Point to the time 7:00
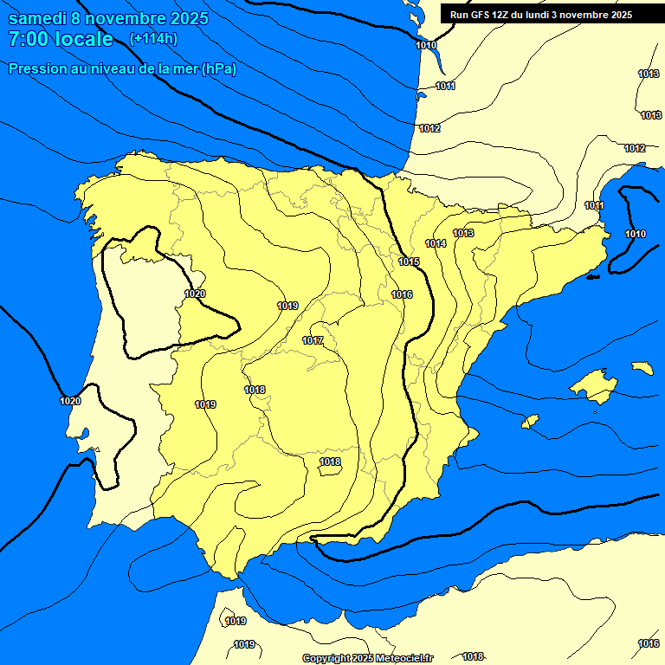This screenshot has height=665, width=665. coord(29,39)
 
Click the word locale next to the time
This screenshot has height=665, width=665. coord(83,39)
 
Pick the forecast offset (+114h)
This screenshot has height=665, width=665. coord(153,39)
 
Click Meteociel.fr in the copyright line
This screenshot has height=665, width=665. coord(403,658)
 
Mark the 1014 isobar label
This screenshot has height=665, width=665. coord(436,244)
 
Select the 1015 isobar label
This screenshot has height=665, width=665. coord(410,262)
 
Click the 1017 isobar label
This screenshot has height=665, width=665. coord(313,340)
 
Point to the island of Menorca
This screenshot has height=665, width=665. coord(642,368)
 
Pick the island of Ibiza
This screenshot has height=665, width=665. coord(531,422)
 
